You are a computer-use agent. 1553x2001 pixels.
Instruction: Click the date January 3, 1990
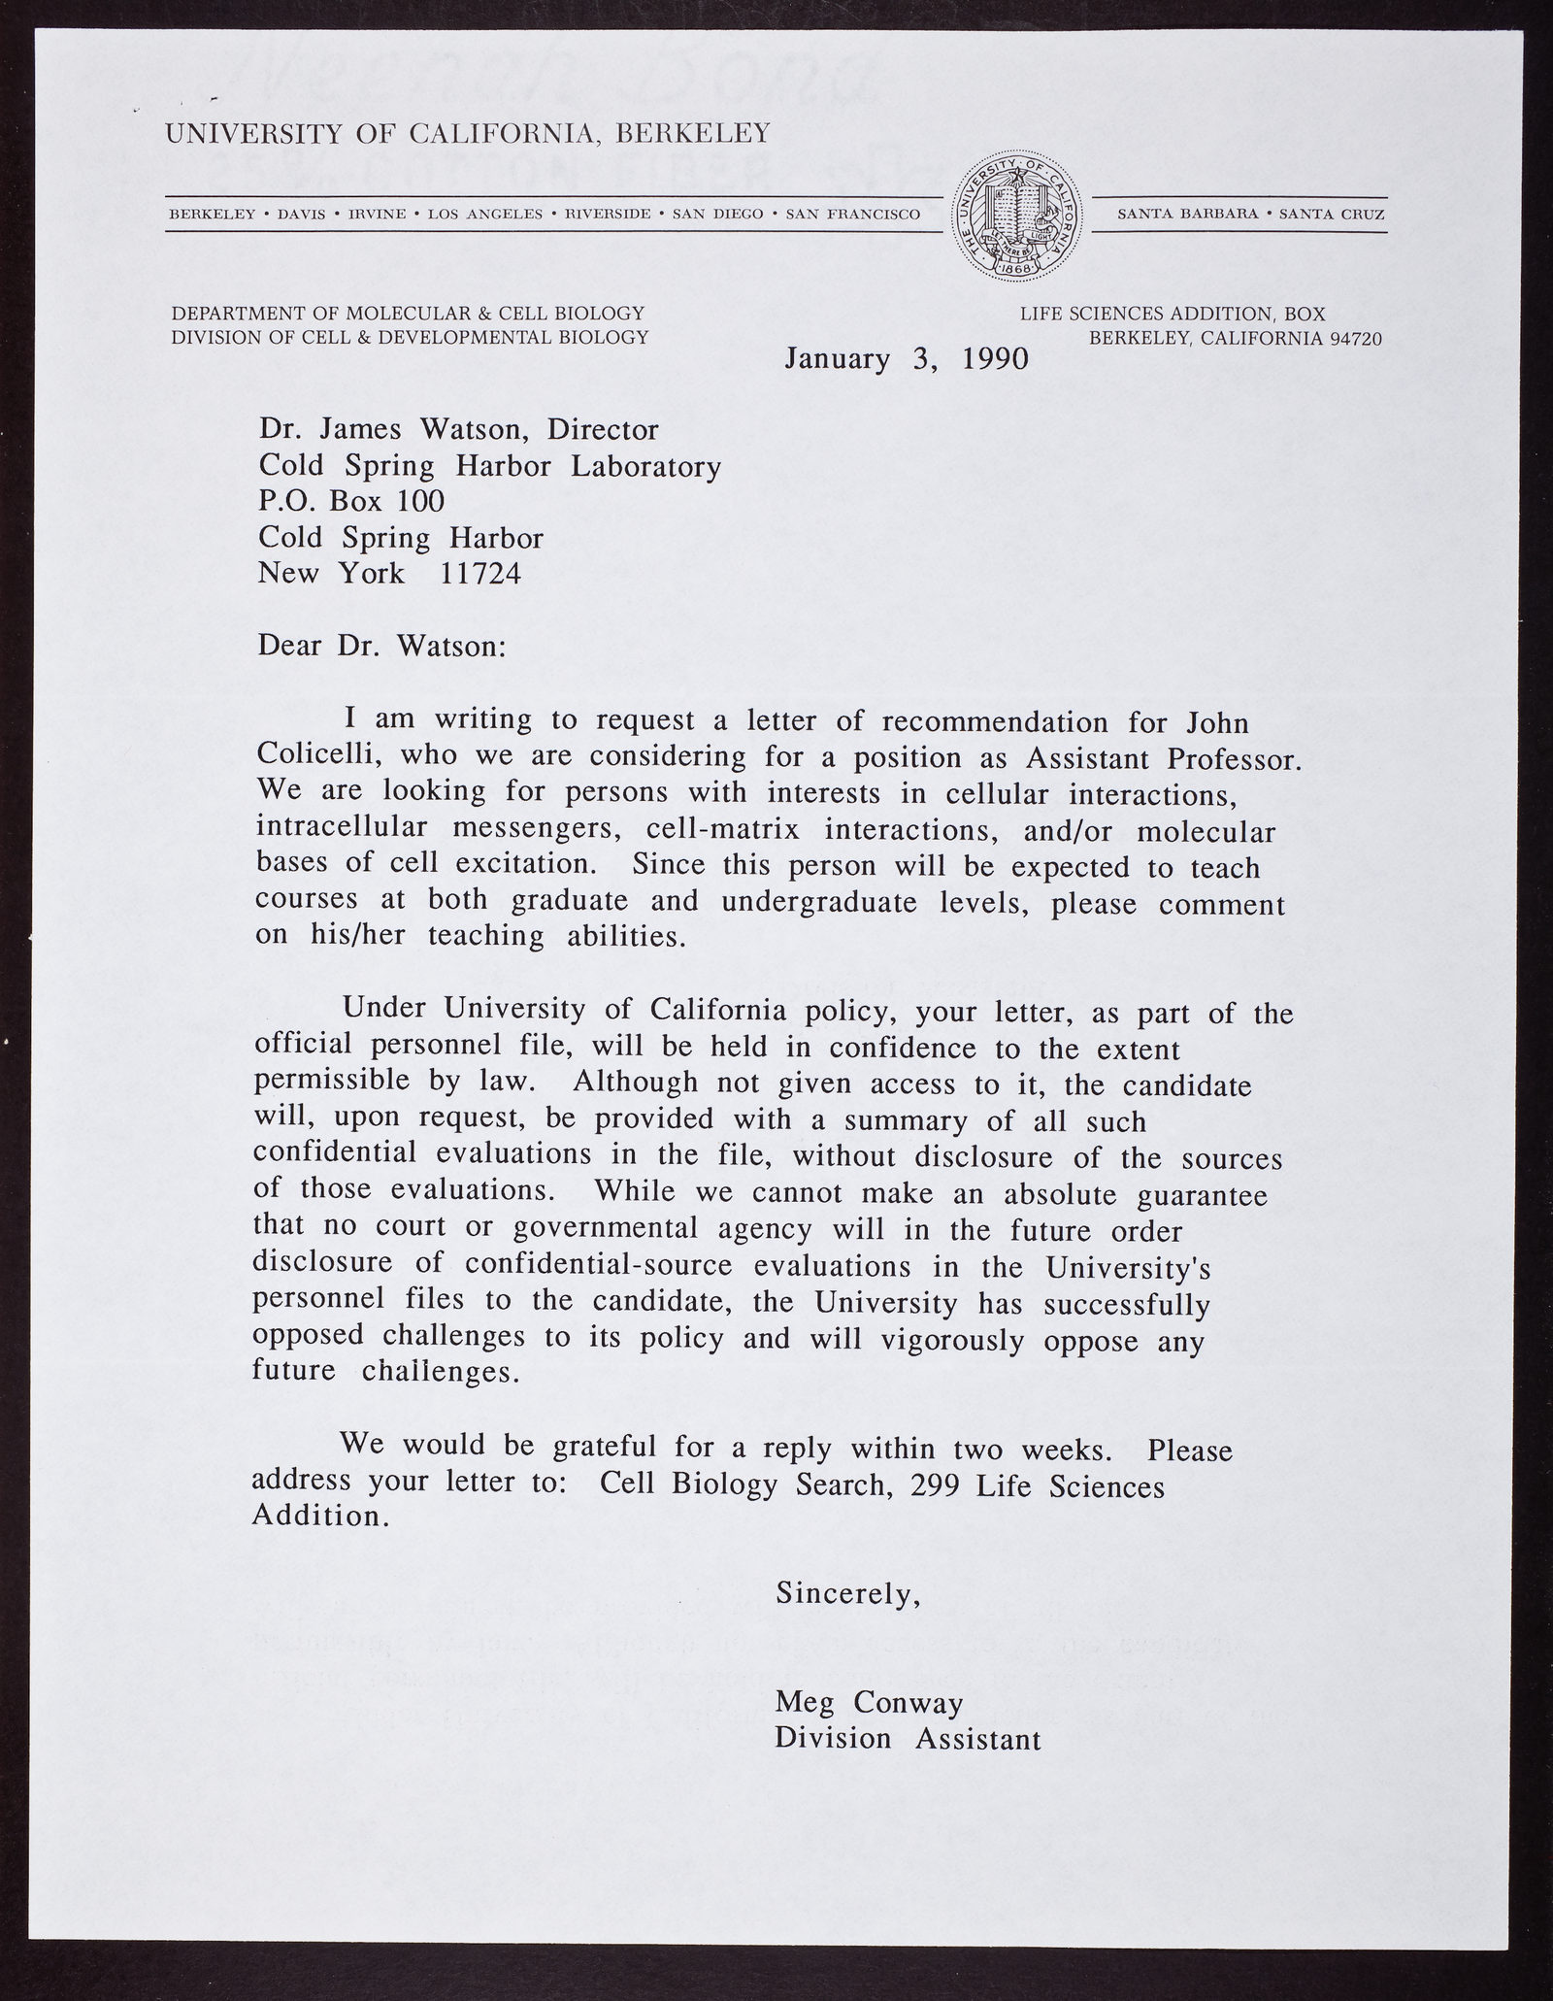906,359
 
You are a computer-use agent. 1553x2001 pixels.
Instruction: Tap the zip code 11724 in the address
480,574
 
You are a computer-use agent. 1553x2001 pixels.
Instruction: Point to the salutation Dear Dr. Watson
381,646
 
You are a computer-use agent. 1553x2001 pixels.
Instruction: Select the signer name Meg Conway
869,1702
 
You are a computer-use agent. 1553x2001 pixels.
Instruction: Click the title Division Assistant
908,1738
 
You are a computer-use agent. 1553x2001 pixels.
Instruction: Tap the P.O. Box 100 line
351,501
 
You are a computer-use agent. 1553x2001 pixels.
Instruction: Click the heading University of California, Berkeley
468,133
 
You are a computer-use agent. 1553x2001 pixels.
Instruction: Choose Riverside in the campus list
608,214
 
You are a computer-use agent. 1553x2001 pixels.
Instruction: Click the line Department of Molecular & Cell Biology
408,313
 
